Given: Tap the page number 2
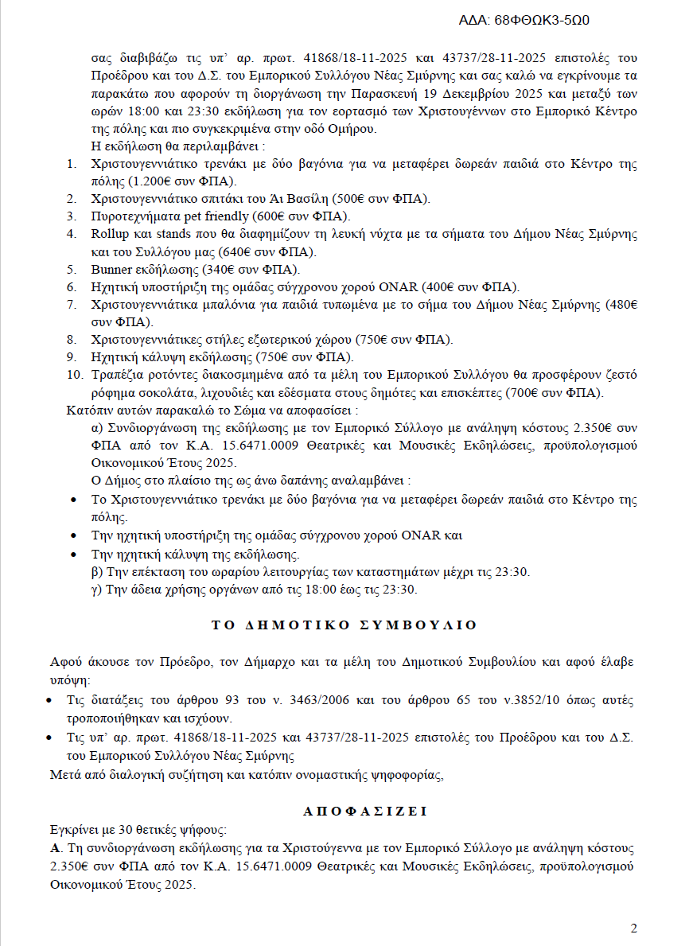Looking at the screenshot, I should click(x=634, y=928).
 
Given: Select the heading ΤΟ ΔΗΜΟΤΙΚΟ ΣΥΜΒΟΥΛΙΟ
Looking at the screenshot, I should click(x=344, y=625).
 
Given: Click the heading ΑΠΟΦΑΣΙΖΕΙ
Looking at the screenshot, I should click(x=365, y=812).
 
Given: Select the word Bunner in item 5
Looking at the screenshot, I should click(x=112, y=269).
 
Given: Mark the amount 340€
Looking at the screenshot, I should click(x=221, y=269).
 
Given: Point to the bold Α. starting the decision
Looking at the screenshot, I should click(x=55, y=847).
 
